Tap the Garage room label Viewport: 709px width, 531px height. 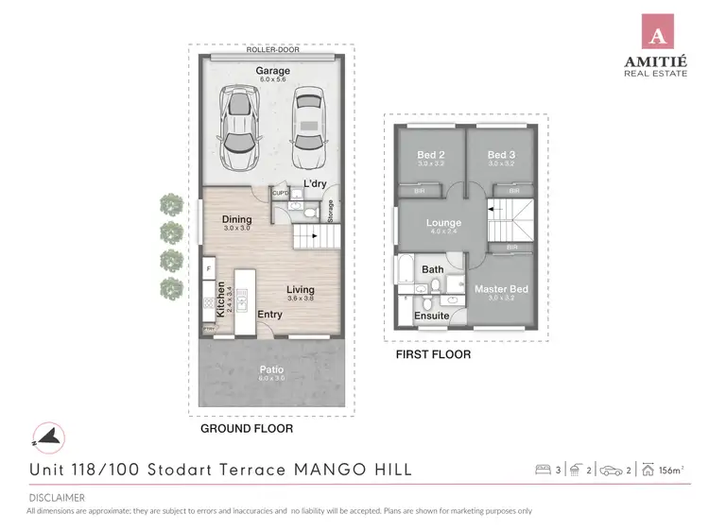(x=273, y=71)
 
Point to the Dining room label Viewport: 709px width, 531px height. (x=236, y=219)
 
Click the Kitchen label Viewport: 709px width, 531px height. (x=221, y=299)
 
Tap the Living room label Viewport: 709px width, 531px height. (x=301, y=290)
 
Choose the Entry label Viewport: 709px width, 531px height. (x=269, y=315)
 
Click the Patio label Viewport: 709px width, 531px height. (x=271, y=369)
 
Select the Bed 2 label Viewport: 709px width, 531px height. (x=431, y=155)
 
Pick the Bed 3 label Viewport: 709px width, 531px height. (x=501, y=155)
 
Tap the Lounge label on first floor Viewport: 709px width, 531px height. (x=444, y=223)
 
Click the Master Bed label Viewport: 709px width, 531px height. (x=501, y=288)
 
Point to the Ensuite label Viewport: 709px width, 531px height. (x=432, y=316)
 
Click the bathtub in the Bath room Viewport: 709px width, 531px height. (x=405, y=271)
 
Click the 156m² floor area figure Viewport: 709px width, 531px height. (x=669, y=470)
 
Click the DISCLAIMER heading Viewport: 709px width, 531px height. (x=56, y=497)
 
